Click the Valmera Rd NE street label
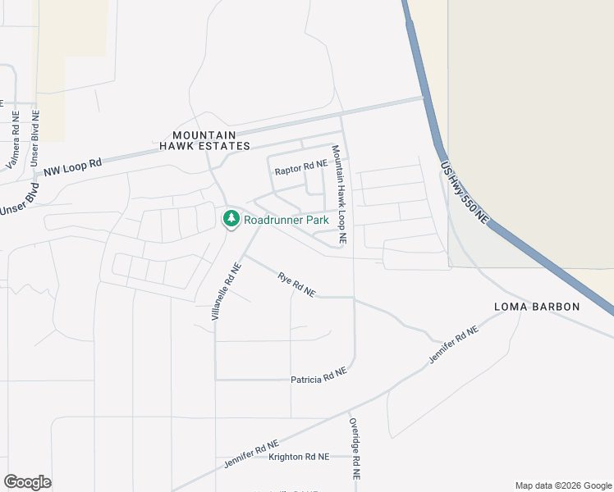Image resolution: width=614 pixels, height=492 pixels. point(16,140)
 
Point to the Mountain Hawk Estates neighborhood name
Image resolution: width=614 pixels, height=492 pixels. point(204,140)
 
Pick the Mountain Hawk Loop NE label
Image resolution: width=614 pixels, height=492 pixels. point(339,194)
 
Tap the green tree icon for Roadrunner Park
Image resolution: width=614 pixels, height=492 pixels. point(231,219)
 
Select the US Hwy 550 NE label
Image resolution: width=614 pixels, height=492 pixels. point(465,192)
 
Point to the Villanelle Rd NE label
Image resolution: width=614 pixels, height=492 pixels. point(227,291)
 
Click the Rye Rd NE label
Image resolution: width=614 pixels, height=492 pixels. point(296,285)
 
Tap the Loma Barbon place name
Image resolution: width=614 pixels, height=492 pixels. point(537,307)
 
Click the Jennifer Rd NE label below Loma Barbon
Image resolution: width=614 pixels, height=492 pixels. point(452,346)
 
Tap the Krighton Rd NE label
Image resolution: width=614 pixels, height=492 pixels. point(299,457)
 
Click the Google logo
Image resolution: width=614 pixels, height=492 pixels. point(28,482)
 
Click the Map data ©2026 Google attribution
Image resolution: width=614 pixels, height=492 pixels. point(562,485)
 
